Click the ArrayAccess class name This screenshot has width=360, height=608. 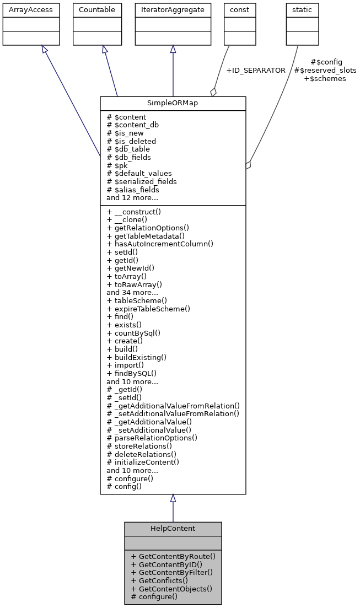pyautogui.click(x=23, y=10)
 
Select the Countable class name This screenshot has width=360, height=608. pyautogui.click(x=97, y=10)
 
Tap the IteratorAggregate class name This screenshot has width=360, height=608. pyautogui.click(x=173, y=10)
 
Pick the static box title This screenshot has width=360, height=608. pyautogui.click(x=302, y=10)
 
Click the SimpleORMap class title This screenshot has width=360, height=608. pyautogui.click(x=173, y=104)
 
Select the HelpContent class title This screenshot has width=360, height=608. pyautogui.click(x=173, y=528)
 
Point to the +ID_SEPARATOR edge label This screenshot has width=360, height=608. pyautogui.click(x=256, y=71)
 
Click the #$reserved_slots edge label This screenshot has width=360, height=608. pyautogui.click(x=325, y=71)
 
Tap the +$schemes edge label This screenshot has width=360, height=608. pyautogui.click(x=325, y=79)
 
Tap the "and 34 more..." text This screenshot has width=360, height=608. pyautogui.click(x=132, y=292)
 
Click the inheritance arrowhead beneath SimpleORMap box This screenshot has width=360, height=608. pyautogui.click(x=173, y=498)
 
